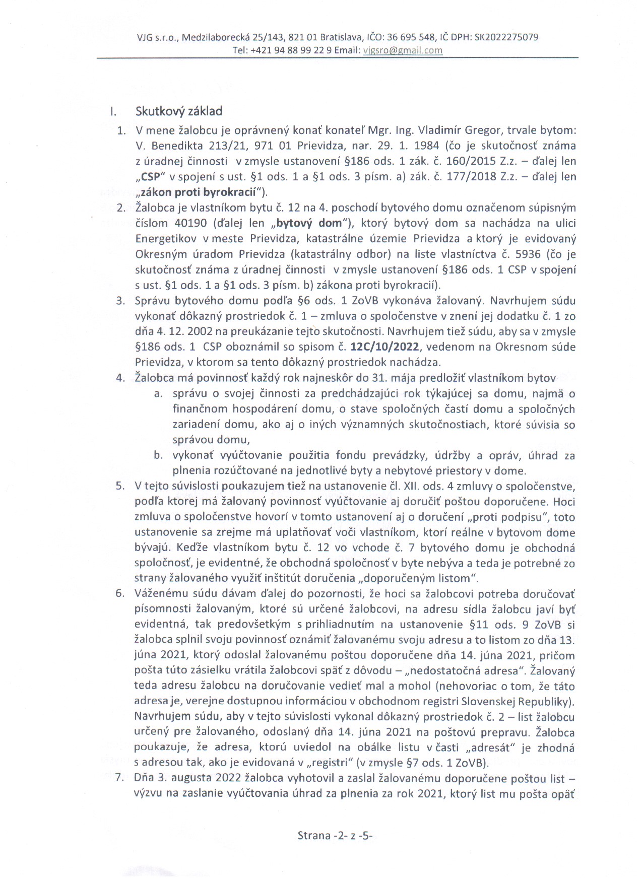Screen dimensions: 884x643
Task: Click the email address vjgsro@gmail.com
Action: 403,50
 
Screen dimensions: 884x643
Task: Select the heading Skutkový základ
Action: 178,111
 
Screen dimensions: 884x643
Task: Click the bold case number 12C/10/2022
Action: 386,347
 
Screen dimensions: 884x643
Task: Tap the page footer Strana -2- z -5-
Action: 335,836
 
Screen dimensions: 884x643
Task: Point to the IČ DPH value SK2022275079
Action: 506,37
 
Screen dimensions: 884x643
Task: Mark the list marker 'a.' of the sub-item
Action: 158,394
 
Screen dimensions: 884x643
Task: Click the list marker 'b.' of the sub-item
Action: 158,456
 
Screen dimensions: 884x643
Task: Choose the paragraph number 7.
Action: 119,778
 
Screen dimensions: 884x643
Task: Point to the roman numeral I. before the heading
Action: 113,112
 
